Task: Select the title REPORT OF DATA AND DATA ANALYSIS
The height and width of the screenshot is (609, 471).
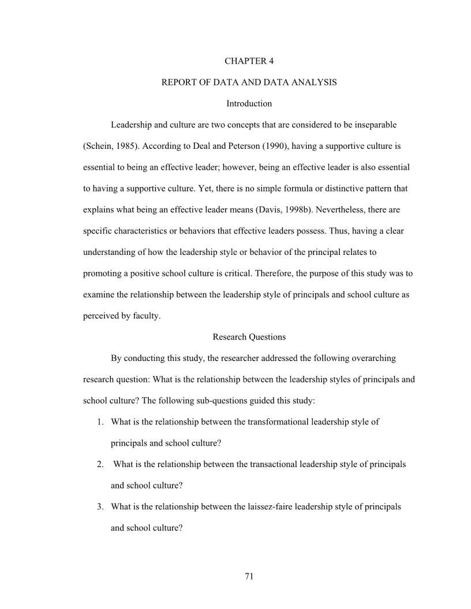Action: click(249, 82)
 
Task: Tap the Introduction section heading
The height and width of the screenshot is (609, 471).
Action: click(249, 104)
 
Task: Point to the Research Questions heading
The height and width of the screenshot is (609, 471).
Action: click(249, 337)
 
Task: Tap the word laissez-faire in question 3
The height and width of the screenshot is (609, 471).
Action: click(271, 507)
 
